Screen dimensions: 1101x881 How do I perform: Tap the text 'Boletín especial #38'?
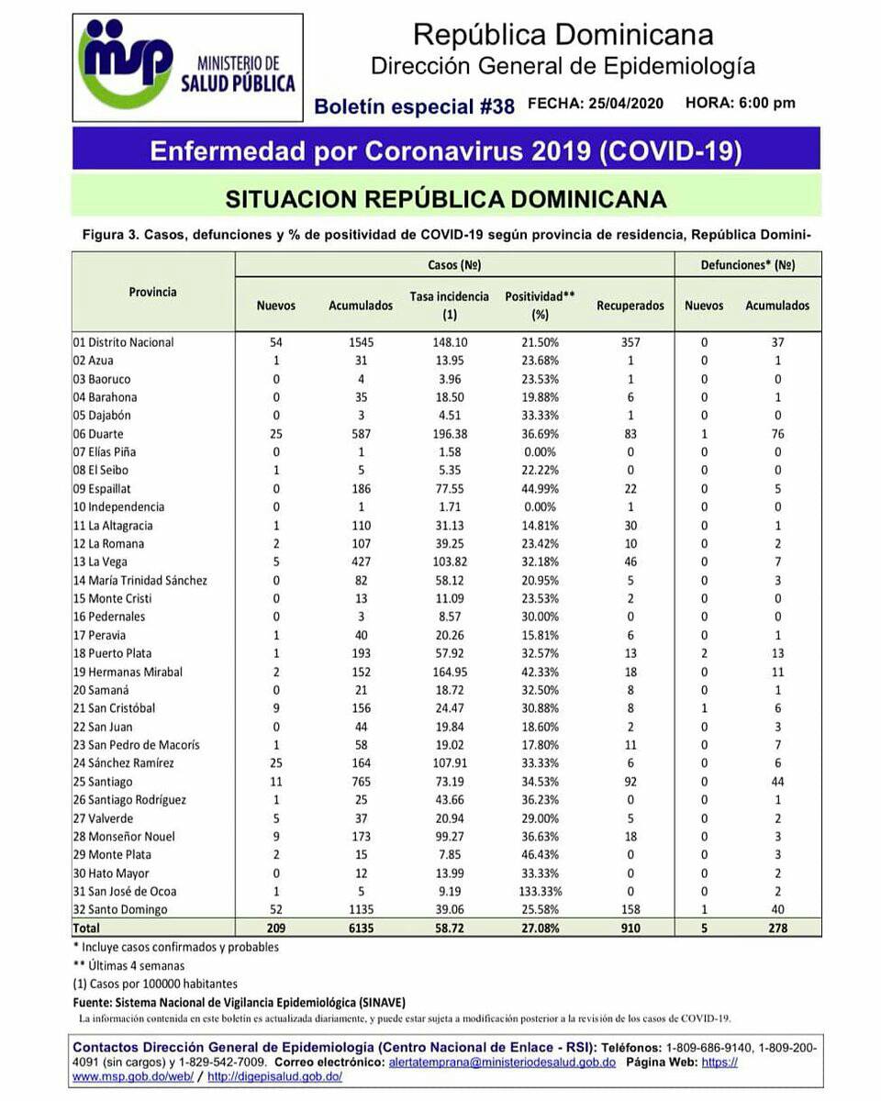pos(414,106)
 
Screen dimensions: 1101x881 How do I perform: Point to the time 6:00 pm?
pos(766,104)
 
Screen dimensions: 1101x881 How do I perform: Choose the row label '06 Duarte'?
pos(98,434)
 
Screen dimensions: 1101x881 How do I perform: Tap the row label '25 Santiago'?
pos(103,782)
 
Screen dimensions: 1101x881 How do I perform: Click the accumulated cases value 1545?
pos(360,342)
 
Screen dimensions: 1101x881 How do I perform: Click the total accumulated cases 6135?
pos(360,928)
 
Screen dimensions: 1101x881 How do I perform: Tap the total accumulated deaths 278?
pos(776,928)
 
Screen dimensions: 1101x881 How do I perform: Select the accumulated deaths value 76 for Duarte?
pos(776,434)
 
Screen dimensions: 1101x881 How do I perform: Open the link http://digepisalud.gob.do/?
pos(275,1076)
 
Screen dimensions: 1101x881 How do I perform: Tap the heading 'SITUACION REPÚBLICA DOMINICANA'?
pos(446,199)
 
